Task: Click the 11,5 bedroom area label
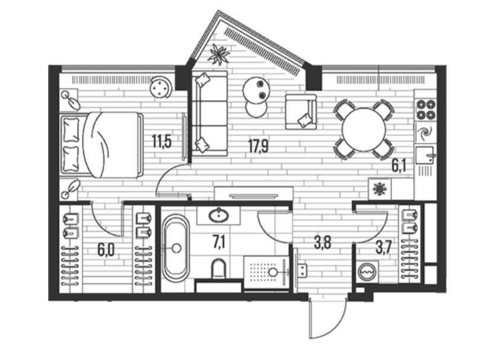(162, 142)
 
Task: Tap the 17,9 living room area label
(259, 146)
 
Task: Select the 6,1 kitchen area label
(399, 166)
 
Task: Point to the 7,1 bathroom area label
(219, 242)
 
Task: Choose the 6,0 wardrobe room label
(106, 250)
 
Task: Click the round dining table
(364, 129)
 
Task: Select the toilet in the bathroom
(219, 268)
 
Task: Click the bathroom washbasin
(219, 215)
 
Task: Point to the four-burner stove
(426, 110)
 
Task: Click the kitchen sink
(425, 155)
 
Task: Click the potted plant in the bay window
(218, 55)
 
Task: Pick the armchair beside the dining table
(301, 111)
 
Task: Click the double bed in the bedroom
(101, 145)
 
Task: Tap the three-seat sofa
(209, 113)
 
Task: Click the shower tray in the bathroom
(266, 272)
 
